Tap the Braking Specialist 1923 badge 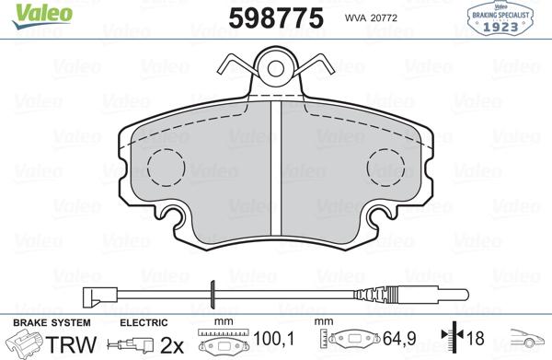point(505,18)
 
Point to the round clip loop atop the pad point(275,67)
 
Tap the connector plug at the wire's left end point(92,297)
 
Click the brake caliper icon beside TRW point(28,344)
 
